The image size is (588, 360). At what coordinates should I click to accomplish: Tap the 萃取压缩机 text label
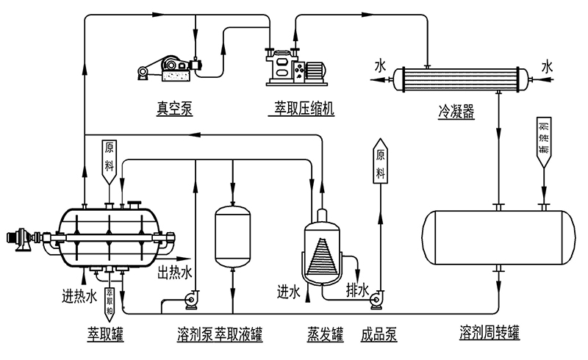301,109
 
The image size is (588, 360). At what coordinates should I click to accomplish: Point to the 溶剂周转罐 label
489,332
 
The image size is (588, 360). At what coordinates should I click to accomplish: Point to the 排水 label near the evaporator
357,291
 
